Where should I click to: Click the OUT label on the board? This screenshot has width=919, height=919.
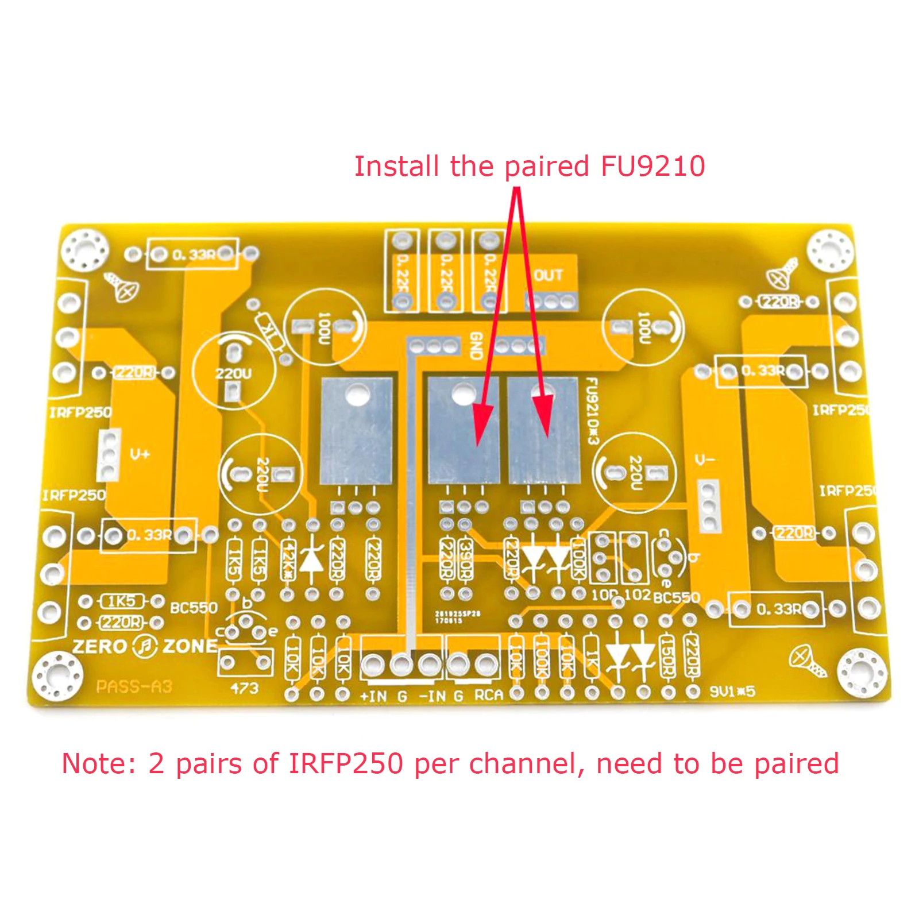548,275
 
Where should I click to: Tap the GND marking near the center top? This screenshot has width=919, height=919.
476,345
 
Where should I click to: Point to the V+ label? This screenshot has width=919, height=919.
140,454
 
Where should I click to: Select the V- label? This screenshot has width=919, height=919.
705,460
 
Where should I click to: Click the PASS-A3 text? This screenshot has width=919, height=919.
134,686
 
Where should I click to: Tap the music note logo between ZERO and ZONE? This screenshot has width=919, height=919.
145,647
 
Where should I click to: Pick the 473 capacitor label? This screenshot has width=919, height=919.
245,688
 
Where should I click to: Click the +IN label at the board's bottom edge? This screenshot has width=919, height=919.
373,696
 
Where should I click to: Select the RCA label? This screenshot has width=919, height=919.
488,696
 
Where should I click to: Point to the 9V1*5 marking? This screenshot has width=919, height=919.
732,691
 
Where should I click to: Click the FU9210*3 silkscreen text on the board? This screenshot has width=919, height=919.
592,411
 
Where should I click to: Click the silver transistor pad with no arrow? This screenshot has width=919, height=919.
357,431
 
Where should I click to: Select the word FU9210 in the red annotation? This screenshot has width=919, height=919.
652,167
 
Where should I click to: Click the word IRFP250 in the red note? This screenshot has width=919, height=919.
345,764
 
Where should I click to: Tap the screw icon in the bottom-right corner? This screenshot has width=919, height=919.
807,660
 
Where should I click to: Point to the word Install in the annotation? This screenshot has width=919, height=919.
396,167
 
